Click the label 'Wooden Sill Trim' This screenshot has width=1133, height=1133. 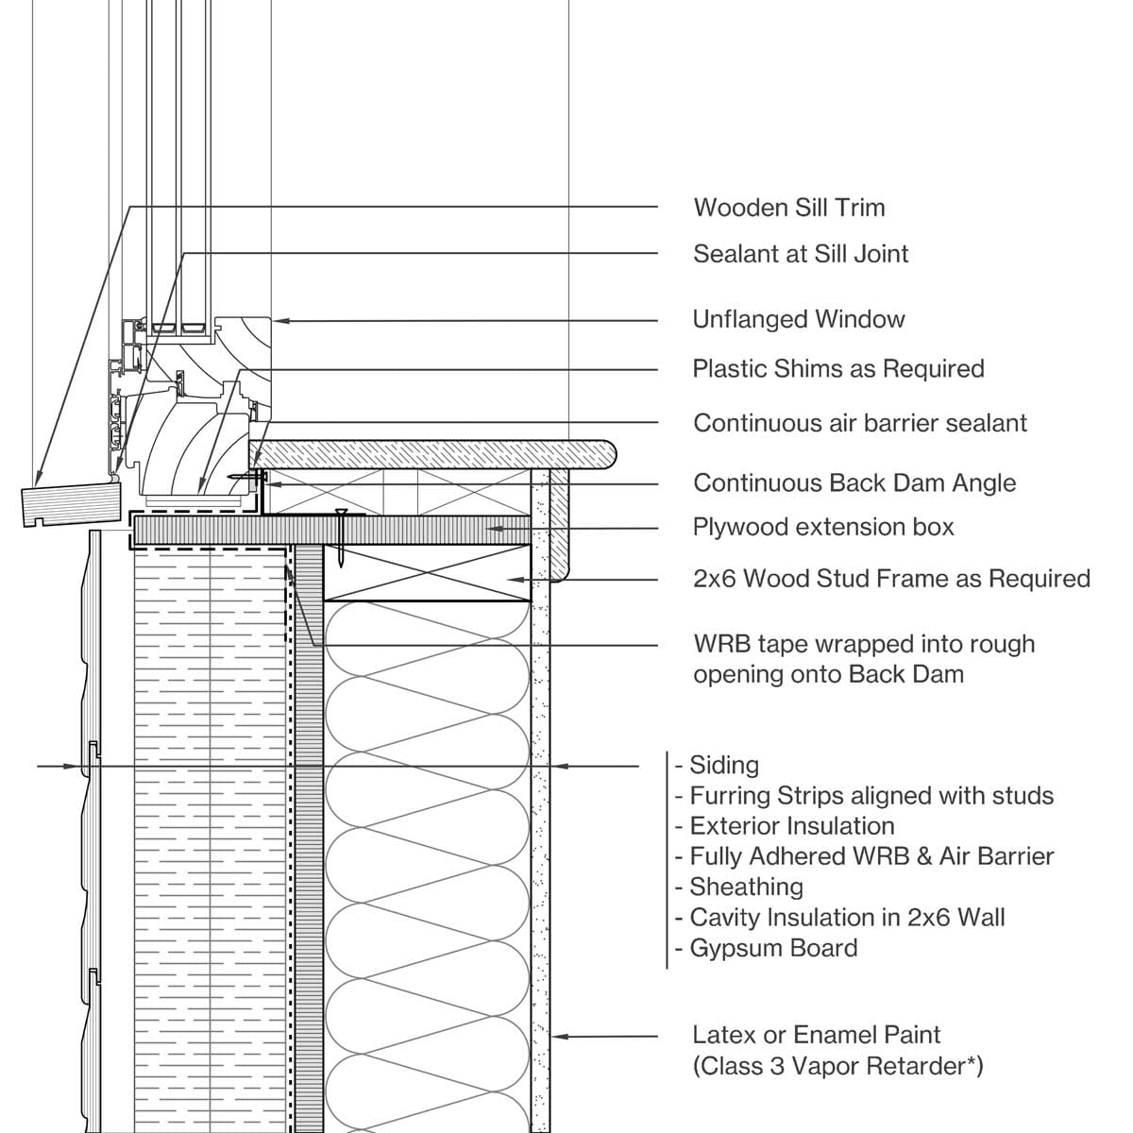pos(788,208)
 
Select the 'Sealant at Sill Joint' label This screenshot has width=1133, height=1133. pos(801,254)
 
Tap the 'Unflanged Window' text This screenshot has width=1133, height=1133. pos(799,320)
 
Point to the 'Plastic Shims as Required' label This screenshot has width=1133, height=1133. pos(838,368)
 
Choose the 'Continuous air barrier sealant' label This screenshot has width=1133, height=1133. pos(859,423)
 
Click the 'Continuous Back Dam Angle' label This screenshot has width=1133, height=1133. pos(854,483)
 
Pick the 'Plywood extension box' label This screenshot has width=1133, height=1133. pos(823,527)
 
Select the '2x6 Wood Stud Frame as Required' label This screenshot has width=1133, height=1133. pos(891,579)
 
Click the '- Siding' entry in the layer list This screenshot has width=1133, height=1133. pos(718,765)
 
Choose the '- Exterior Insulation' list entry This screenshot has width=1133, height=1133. pos(786,826)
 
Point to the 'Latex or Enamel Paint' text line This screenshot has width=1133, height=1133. pos(817,1035)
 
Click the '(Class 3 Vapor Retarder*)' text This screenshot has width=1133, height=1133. pos(837,1066)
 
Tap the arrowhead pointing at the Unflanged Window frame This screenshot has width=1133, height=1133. pos(279,321)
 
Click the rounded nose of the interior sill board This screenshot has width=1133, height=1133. pos(604,455)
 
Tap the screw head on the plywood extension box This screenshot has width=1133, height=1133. pos(340,514)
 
